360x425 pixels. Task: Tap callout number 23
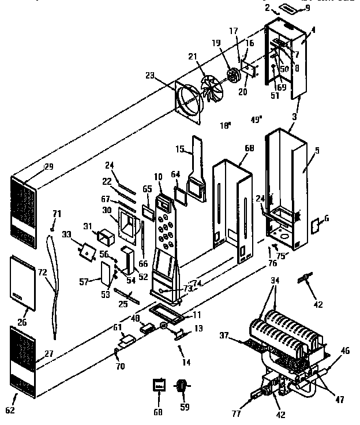point(149,75)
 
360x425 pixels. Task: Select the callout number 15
point(180,150)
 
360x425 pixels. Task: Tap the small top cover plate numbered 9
point(287,9)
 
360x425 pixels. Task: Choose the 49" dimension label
point(256,120)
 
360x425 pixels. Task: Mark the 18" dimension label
point(225,125)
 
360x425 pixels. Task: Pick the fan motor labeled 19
point(234,76)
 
